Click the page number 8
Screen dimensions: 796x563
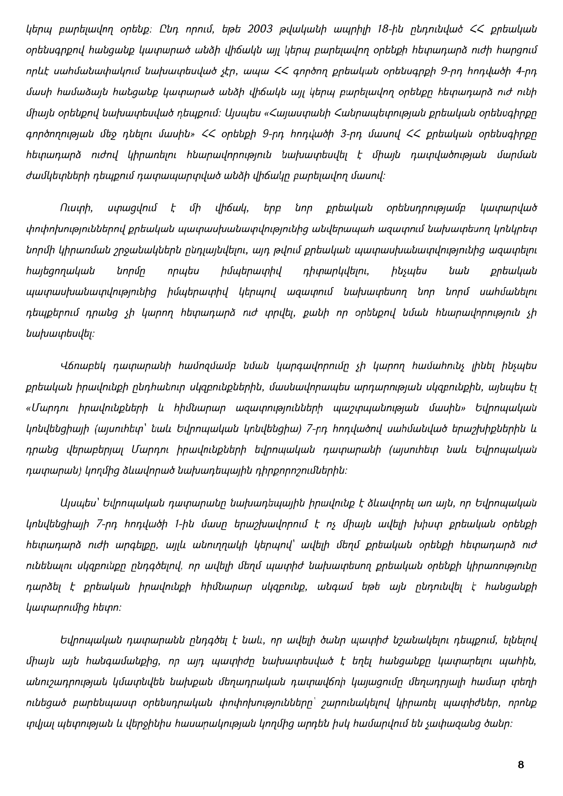pos(520,765)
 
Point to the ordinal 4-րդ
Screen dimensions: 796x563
pos(526,70)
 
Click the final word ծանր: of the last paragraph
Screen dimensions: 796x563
pos(501,723)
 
